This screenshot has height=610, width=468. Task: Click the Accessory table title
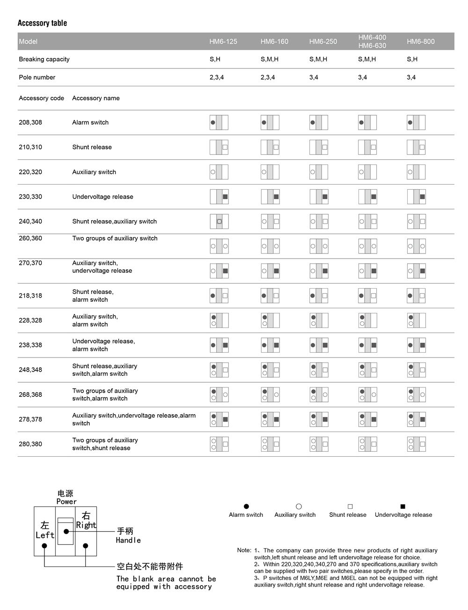[42, 23]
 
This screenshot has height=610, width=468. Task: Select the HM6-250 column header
[323, 41]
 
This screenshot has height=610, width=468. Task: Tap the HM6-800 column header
[420, 41]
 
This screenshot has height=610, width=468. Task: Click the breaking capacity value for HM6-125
[215, 59]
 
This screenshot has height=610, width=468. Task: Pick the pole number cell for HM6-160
[268, 77]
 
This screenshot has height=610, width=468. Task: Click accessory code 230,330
[30, 197]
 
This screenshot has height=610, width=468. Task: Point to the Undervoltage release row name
[102, 197]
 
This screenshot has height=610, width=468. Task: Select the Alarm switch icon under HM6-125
[219, 122]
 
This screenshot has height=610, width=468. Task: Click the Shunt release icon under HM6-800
[416, 147]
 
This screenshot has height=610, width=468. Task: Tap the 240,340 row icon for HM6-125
[219, 221]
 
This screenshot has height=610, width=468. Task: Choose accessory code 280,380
[30, 444]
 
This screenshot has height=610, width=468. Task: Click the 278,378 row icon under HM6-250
[319, 419]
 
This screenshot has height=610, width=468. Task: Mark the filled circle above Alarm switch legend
[246, 506]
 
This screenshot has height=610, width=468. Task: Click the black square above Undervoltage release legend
[403, 506]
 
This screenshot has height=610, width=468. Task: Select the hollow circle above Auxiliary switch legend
[299, 506]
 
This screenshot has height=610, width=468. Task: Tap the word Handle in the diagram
[128, 540]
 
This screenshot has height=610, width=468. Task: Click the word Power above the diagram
[66, 501]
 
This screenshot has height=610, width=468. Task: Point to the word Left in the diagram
[45, 535]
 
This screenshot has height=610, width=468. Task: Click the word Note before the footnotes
[243, 550]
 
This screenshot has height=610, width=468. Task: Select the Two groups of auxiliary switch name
[115, 238]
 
